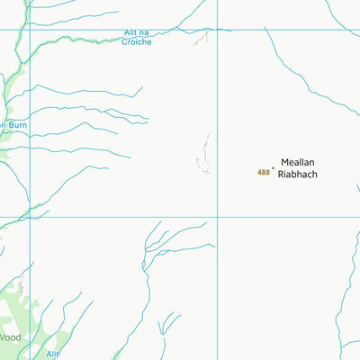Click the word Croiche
[x=137, y=42]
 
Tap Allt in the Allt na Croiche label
[x=130, y=33]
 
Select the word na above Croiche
[x=146, y=33]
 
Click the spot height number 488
[x=263, y=172]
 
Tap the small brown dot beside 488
[x=273, y=166]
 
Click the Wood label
[x=9, y=337]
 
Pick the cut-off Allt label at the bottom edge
[x=52, y=355]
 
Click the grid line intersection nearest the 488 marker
[x=217, y=217]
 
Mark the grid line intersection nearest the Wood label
[x=30, y=217]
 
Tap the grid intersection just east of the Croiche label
[x=217, y=29]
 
